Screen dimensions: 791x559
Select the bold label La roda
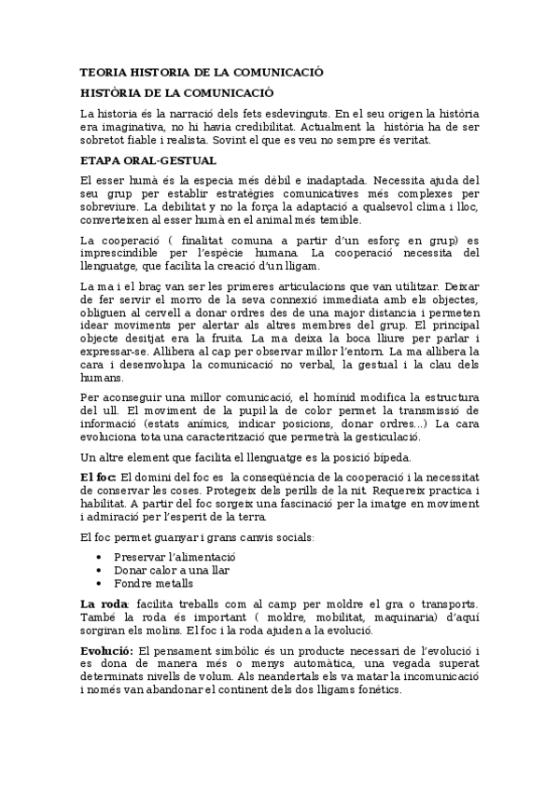coord(104,604)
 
